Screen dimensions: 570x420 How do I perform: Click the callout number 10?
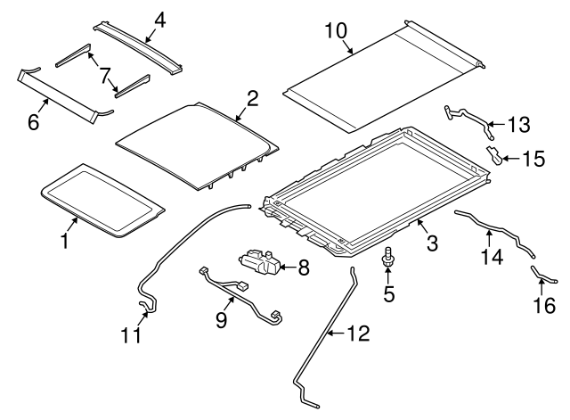point(336,30)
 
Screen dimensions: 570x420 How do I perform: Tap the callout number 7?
point(104,76)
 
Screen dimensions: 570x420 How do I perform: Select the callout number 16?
point(544,305)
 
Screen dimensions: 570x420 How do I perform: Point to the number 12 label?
point(358,333)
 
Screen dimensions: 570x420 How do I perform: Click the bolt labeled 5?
point(388,256)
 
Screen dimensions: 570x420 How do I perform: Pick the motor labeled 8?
point(259,261)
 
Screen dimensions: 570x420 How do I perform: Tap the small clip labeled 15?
point(494,154)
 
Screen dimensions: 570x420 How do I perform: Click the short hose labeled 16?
point(542,276)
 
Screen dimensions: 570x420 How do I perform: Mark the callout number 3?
point(432,243)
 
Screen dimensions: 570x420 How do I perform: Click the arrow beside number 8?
point(287,268)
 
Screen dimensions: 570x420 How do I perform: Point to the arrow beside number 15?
point(511,159)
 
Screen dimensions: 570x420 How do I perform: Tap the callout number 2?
point(252,98)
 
